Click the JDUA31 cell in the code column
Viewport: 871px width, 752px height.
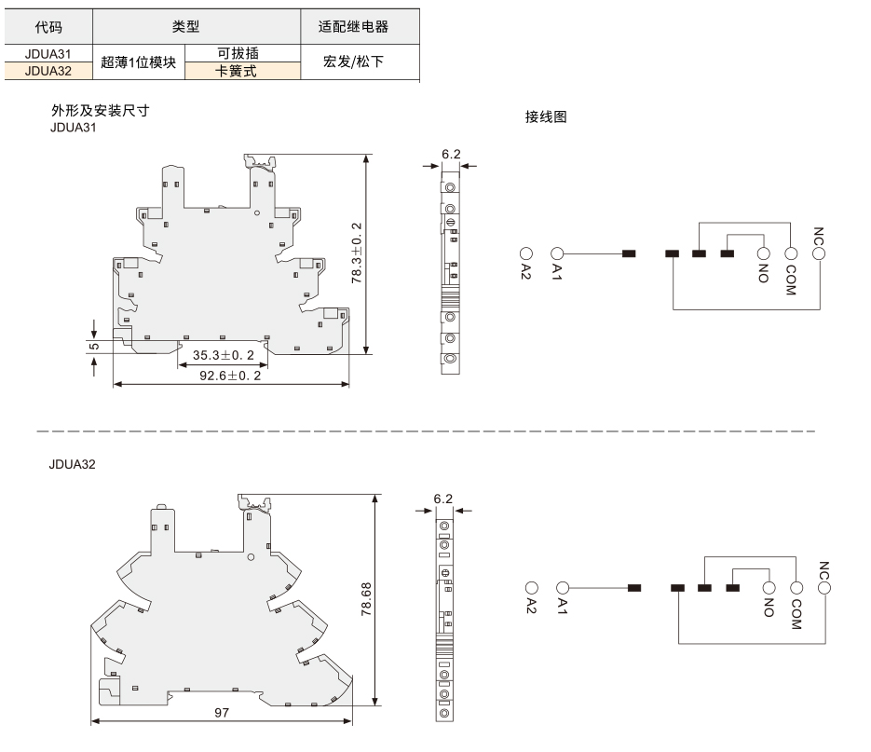(48, 54)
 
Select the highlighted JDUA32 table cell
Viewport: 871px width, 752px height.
(48, 71)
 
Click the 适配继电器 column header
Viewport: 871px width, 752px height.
(353, 27)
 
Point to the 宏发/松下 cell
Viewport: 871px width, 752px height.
(353, 62)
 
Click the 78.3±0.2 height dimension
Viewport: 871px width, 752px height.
(356, 253)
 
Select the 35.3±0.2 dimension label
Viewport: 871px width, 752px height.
(224, 355)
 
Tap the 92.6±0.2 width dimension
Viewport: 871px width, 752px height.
(230, 376)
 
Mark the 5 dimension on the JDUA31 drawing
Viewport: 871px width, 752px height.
(94, 347)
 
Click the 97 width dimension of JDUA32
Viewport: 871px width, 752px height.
(222, 712)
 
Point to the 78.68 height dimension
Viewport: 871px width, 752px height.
(366, 598)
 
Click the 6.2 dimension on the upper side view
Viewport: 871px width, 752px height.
(451, 154)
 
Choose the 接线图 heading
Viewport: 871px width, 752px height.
(546, 116)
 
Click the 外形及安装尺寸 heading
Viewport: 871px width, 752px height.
(100, 110)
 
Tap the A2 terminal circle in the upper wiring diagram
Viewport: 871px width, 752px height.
(526, 253)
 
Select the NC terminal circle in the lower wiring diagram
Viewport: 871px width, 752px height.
(824, 587)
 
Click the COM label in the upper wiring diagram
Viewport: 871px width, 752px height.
(791, 280)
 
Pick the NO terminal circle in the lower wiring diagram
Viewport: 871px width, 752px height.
(769, 587)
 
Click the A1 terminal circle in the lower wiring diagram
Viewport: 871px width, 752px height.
(562, 587)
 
